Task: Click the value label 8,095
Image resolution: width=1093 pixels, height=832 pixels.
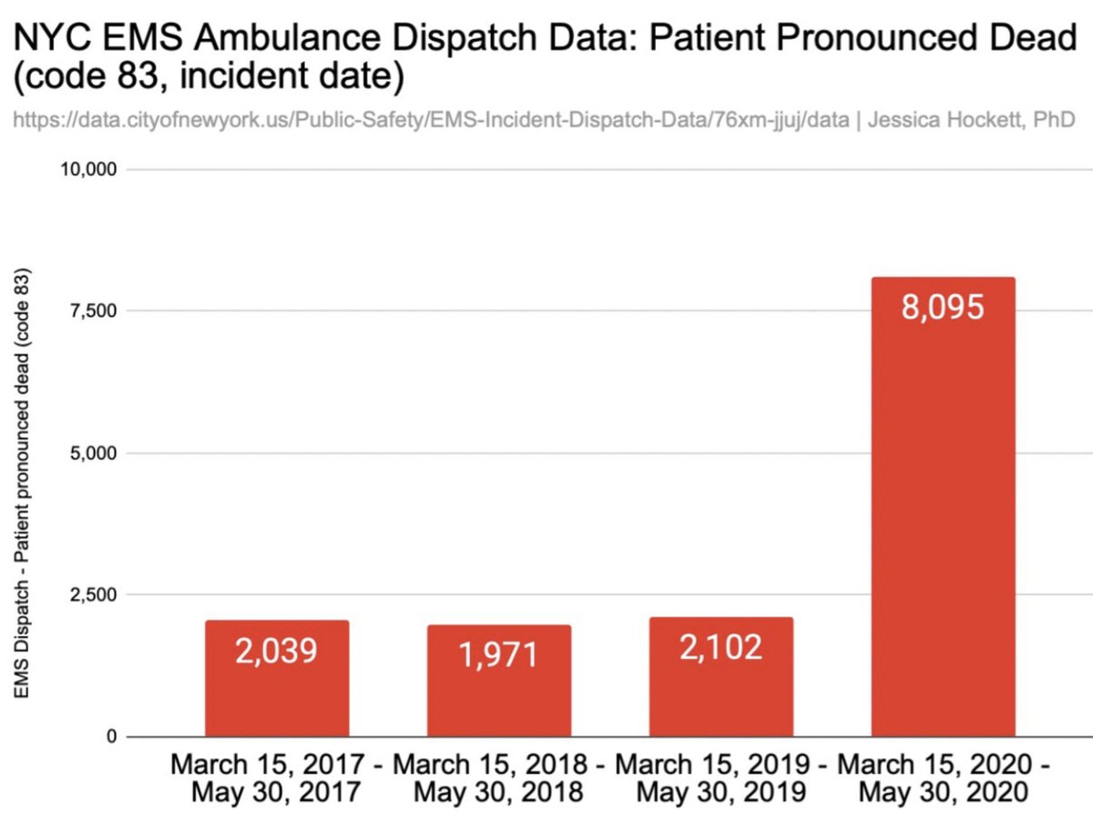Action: (943, 308)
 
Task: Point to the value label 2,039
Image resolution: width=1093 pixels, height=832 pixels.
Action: (276, 652)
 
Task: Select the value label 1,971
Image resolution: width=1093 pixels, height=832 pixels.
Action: (499, 655)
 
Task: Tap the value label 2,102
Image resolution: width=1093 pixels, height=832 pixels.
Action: (720, 647)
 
